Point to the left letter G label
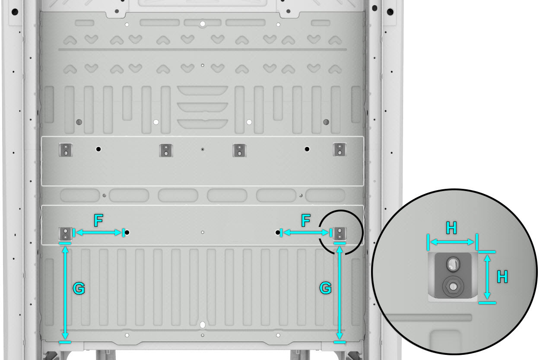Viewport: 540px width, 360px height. pos(79,288)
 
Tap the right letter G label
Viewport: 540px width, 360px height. pos(325,288)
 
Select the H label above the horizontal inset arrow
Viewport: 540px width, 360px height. pos(451,228)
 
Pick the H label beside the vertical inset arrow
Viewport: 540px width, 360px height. pos(502,277)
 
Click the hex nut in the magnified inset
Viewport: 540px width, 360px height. pos(453,287)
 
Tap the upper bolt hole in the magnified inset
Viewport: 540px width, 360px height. pos(453,264)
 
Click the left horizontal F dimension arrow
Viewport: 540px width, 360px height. pos(98,233)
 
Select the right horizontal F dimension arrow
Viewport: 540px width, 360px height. pos(306,233)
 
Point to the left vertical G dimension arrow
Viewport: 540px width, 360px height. pos(65,293)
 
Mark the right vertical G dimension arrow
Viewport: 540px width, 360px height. pos(340,293)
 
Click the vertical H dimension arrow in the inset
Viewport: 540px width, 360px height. pos(487,277)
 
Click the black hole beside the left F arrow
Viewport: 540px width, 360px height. pos(127,233)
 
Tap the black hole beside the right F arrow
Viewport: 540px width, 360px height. pos(278,233)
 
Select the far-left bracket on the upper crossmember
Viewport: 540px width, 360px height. pos(66,150)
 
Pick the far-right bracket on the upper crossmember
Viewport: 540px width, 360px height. pos(340,150)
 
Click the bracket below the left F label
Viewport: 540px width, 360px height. pos(66,234)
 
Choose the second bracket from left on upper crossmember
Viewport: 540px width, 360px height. pos(166,150)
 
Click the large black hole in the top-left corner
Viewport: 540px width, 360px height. pos(15,12)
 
